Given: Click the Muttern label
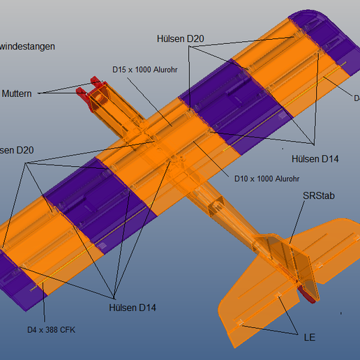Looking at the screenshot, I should (x=17, y=93).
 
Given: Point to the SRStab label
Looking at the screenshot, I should (x=319, y=196).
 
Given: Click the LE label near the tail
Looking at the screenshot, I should (x=309, y=338).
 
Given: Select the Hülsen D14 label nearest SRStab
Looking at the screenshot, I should (x=315, y=159).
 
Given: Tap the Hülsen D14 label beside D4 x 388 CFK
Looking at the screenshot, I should (x=133, y=308).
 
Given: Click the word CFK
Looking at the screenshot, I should (x=66, y=329).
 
